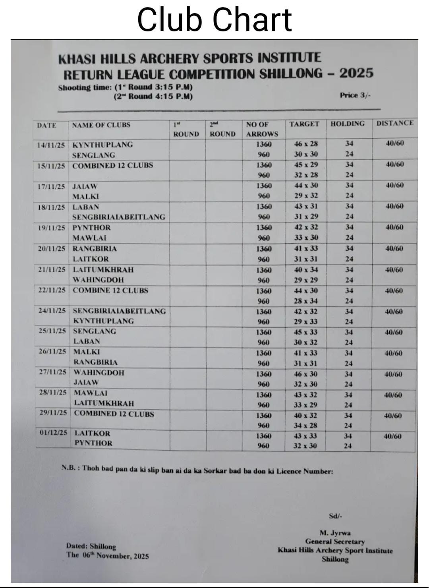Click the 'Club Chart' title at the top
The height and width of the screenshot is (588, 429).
pyautogui.click(x=214, y=20)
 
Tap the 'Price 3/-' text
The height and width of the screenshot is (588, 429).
pyautogui.click(x=355, y=95)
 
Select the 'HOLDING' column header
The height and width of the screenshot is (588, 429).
pyautogui.click(x=348, y=124)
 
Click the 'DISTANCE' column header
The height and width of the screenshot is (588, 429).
pyautogui.click(x=395, y=123)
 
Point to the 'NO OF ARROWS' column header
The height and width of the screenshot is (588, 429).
pyautogui.click(x=262, y=130)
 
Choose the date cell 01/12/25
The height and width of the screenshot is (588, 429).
pyautogui.click(x=54, y=433)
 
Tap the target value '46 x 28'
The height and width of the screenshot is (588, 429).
pyautogui.click(x=306, y=144)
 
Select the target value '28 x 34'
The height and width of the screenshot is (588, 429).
pyautogui.click(x=306, y=301)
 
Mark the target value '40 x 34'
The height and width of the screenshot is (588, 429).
pyautogui.click(x=306, y=270)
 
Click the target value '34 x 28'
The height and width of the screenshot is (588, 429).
pyautogui.click(x=305, y=426)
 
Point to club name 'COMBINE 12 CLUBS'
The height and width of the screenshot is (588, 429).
pyautogui.click(x=110, y=290)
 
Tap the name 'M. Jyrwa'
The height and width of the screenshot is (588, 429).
pyautogui.click(x=335, y=533)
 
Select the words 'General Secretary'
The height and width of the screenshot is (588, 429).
pyautogui.click(x=335, y=542)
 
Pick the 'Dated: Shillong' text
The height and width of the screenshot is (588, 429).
pyautogui.click(x=91, y=546)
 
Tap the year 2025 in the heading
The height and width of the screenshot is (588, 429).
pyautogui.click(x=356, y=73)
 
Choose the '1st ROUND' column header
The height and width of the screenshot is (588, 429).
pyautogui.click(x=186, y=130)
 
